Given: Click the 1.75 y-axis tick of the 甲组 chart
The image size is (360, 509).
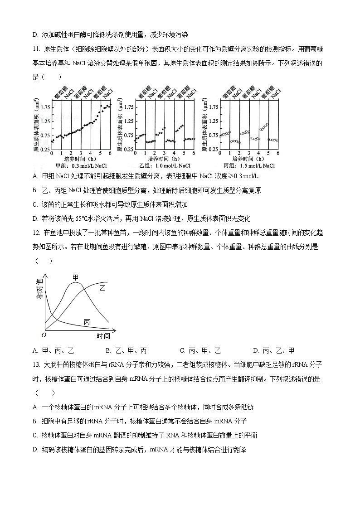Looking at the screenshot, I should [45, 107].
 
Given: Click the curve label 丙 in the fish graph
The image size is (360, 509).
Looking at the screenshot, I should [87, 321].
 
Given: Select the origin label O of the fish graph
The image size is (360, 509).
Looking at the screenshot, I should [44, 335].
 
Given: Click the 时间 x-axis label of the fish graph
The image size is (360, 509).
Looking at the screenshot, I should [103, 336].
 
